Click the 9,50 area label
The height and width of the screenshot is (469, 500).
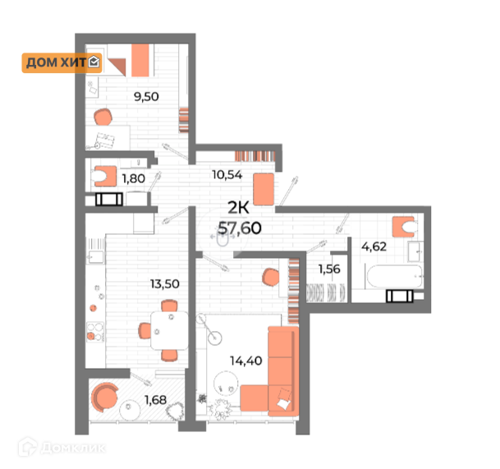click(x=146, y=95)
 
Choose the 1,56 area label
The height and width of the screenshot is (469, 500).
click(x=329, y=267)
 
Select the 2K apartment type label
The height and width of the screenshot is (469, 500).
click(x=239, y=209)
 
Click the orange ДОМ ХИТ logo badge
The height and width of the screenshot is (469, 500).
click(x=62, y=62)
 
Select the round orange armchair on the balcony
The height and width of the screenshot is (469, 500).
click(x=105, y=397)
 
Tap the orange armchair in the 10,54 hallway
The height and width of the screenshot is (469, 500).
click(x=264, y=189)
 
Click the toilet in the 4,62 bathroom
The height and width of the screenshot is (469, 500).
click(x=402, y=226)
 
